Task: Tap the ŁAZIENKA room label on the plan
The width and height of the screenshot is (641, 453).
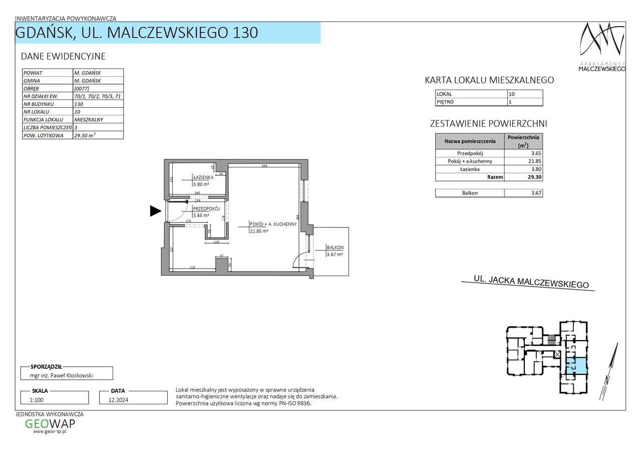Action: (x=204, y=177)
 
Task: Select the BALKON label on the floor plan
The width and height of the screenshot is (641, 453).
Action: (x=335, y=248)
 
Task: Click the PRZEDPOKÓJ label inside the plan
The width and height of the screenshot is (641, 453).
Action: (x=207, y=208)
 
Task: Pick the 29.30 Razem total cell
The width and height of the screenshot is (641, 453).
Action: (x=523, y=177)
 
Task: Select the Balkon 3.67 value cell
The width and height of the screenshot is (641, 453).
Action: (x=523, y=192)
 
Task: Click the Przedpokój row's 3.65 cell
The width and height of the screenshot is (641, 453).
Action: (x=523, y=153)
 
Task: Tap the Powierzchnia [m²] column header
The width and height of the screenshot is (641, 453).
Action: (x=523, y=141)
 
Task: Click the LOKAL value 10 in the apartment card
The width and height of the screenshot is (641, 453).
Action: (x=524, y=94)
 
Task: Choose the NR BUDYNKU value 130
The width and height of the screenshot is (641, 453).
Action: (x=98, y=104)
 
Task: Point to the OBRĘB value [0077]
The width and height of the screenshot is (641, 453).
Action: (x=98, y=88)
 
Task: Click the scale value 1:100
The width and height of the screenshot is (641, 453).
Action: (x=55, y=399)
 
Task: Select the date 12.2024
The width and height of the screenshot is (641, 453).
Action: (x=133, y=399)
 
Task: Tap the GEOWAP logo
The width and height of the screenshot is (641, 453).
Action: (x=50, y=424)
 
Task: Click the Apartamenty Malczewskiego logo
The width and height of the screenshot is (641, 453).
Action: (x=602, y=48)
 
